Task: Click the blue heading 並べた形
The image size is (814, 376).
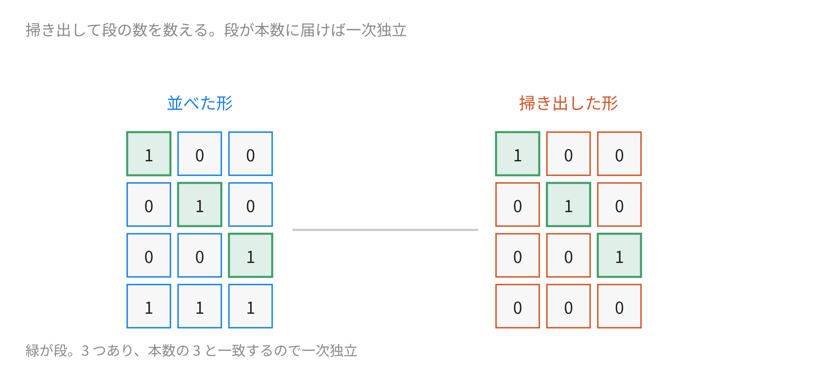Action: (200, 103)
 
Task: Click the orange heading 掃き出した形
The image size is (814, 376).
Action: (569, 103)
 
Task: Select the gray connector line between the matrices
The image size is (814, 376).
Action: (385, 230)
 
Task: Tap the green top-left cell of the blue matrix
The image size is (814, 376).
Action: (149, 154)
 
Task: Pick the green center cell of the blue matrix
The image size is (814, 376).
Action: (200, 205)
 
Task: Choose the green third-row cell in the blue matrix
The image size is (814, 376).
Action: (251, 255)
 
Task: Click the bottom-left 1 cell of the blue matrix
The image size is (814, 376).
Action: (149, 306)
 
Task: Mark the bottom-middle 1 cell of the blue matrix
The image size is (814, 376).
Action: (200, 306)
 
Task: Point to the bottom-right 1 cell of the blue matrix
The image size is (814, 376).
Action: (251, 306)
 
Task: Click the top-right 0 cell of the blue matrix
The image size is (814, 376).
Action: (251, 154)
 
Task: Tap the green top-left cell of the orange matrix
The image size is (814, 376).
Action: (518, 154)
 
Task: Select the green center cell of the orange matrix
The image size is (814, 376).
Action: (569, 205)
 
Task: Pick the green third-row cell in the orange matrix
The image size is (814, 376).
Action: (619, 255)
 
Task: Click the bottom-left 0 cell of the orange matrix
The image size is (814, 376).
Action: (518, 306)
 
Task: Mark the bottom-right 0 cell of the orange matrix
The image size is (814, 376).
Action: (619, 306)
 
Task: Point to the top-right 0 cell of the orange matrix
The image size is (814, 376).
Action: (619, 154)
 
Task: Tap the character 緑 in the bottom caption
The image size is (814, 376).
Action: (33, 351)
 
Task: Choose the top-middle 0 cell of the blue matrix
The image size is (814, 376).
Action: (200, 154)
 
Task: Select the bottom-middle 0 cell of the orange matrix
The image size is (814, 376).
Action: (569, 306)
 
